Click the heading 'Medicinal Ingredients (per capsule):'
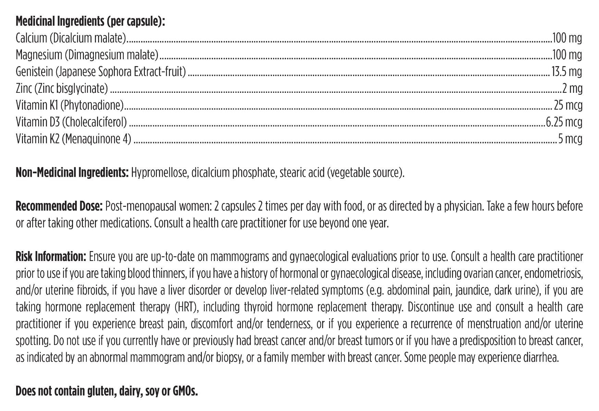(90, 22)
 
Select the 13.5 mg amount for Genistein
(567, 72)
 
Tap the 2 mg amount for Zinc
(572, 89)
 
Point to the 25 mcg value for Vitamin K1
(568, 105)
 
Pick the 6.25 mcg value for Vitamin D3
(564, 122)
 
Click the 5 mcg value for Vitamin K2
(570, 139)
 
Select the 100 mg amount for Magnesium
(567, 55)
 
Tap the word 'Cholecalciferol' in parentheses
(94, 122)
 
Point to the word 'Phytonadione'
(92, 105)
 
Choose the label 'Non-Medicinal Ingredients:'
(72, 172)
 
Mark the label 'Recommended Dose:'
(59, 206)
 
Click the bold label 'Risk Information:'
(51, 257)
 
